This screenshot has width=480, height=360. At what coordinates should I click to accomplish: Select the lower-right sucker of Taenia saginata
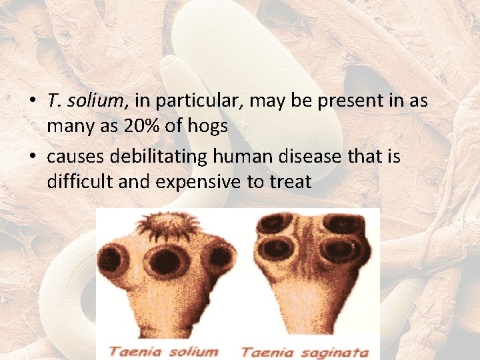pyautogui.click(x=339, y=250)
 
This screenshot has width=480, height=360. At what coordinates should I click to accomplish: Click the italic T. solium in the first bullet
pyautogui.click(x=85, y=101)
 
